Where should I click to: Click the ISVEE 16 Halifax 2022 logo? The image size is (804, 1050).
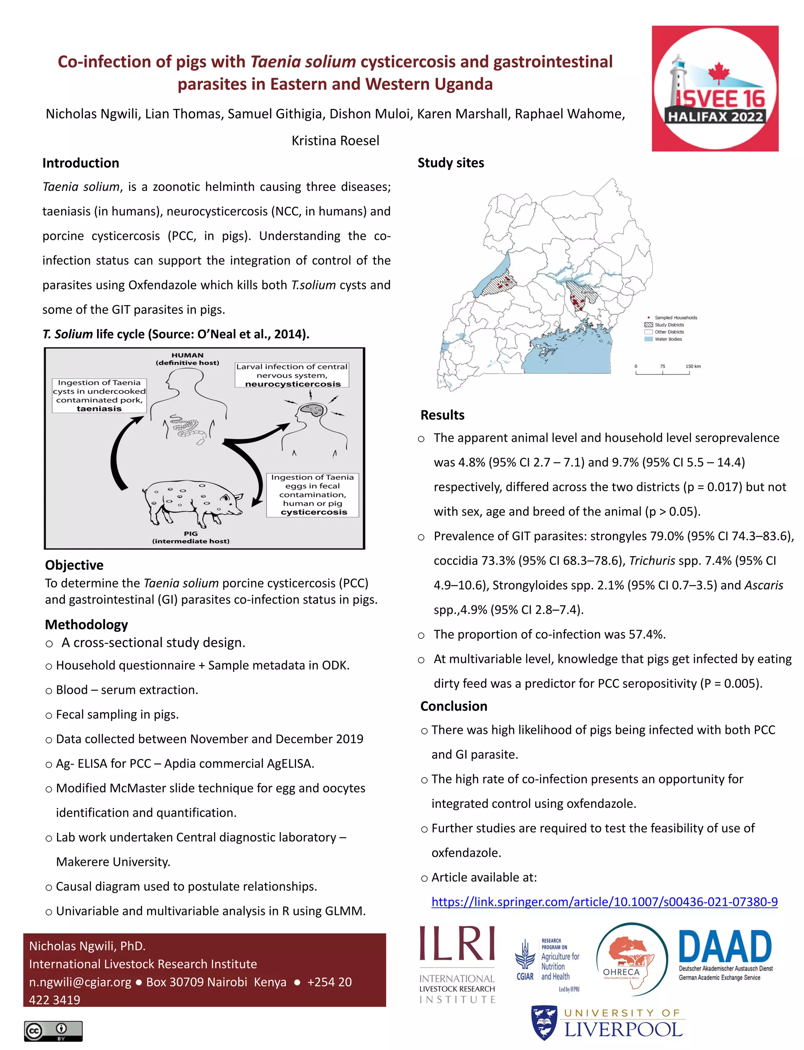tap(715, 88)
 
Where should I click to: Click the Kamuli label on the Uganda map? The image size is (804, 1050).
tap(587, 292)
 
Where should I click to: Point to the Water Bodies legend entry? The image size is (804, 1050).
tap(668, 339)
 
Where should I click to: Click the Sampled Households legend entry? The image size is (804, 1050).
tap(675, 317)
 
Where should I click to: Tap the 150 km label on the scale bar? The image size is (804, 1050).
tap(693, 366)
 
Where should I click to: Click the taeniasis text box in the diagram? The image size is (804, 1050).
tap(99, 395)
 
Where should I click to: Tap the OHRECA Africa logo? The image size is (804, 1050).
tap(631, 959)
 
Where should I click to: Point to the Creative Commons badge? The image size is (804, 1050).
tap(53, 1031)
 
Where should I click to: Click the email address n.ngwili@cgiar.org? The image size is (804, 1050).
tap(80, 982)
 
